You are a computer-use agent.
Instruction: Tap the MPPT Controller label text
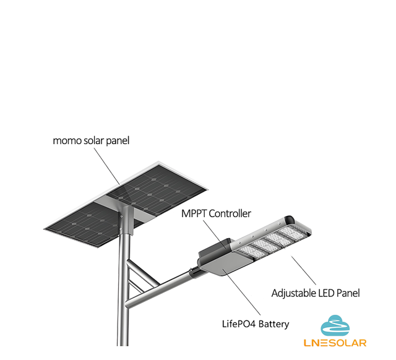(x=216, y=213)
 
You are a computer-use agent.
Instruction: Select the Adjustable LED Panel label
(x=316, y=293)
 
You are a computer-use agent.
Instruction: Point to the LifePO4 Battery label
(x=256, y=324)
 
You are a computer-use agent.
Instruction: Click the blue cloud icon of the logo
(x=335, y=325)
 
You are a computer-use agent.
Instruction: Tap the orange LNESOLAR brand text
(x=335, y=343)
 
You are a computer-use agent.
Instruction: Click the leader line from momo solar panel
(x=107, y=166)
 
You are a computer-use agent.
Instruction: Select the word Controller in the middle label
(x=230, y=213)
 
